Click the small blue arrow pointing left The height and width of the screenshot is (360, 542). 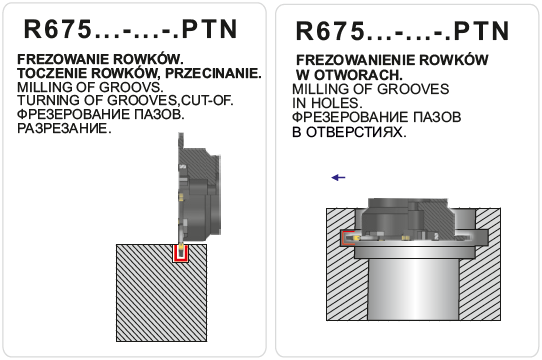click(338, 178)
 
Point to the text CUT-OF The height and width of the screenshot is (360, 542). click(207, 100)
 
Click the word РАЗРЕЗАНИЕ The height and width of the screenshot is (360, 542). click(64, 128)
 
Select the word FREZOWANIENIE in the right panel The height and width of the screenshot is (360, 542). click(356, 60)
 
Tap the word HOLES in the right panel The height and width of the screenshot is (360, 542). click(337, 103)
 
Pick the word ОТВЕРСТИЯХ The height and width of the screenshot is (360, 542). click(356, 132)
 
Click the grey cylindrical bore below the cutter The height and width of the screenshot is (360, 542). click(413, 289)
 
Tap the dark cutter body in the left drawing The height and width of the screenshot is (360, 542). click(199, 194)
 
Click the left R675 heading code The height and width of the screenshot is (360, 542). click(58, 29)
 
